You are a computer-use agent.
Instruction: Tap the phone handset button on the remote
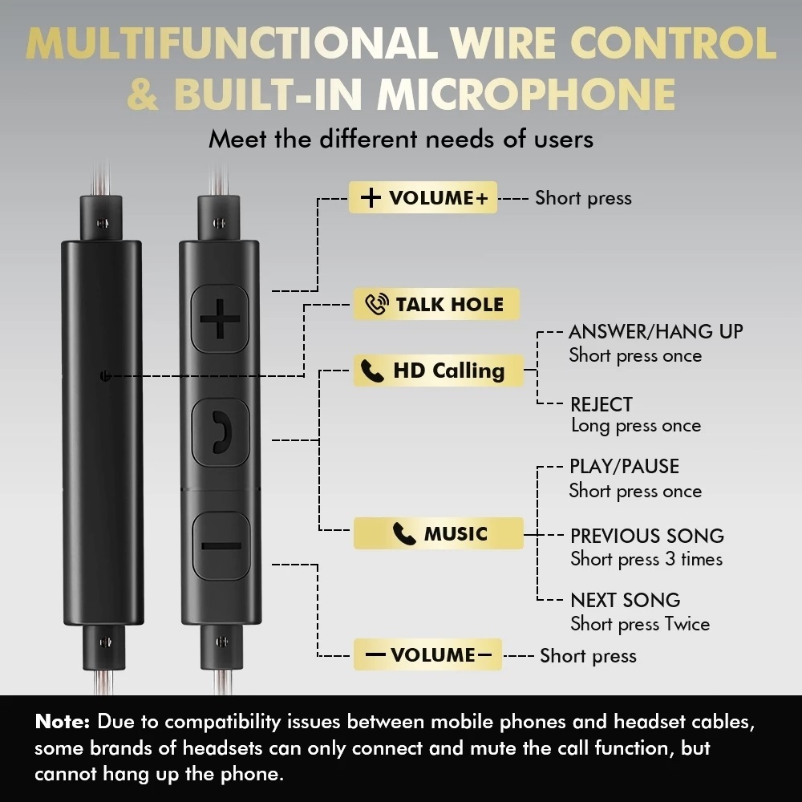(x=221, y=432)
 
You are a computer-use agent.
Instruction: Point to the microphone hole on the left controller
(x=105, y=376)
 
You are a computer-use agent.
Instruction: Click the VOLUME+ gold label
(x=423, y=197)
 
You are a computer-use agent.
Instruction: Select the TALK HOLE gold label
(x=436, y=304)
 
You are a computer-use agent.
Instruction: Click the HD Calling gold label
(x=439, y=371)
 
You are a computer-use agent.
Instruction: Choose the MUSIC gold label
(x=439, y=533)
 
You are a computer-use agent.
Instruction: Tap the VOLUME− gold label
(x=427, y=654)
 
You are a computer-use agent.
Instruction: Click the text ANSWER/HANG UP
(x=656, y=332)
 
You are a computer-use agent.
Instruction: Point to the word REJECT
(x=601, y=404)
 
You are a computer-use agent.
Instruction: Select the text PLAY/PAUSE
(x=625, y=467)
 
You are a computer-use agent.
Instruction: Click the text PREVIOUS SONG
(x=647, y=536)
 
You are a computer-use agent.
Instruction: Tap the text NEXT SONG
(x=625, y=600)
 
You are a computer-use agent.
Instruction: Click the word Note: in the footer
(x=63, y=721)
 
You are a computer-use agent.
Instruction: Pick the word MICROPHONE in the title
(x=527, y=94)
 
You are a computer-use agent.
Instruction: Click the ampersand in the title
(x=143, y=94)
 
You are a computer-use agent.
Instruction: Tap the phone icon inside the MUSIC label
(x=404, y=533)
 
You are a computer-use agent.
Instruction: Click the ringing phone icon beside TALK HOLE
(x=377, y=304)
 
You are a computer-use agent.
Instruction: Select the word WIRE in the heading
(x=504, y=43)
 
